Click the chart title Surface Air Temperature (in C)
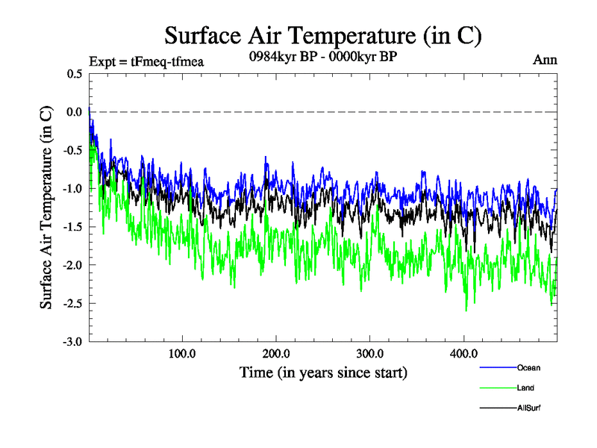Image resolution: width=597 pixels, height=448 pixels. pos(323,35)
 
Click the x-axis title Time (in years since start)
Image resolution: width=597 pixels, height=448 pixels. pos(323,372)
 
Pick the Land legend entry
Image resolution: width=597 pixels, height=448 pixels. pos(525,388)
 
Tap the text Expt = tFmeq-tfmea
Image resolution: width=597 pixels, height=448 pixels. pos(146,61)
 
